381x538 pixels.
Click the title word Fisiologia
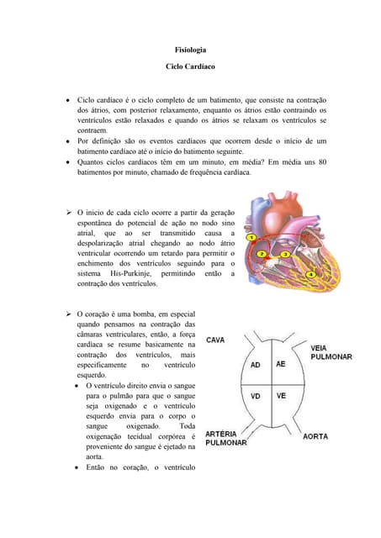pos(190,50)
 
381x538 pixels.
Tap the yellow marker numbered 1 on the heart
pos(251,238)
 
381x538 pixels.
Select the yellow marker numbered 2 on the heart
pos(262,253)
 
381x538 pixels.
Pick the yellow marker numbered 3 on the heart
pos(285,254)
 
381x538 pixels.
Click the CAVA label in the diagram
pos(215,340)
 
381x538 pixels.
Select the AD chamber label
pos(257,365)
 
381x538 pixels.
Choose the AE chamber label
pos(281,364)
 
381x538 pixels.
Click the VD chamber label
pos(257,396)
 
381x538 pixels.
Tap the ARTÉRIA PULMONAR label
pos(226,438)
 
